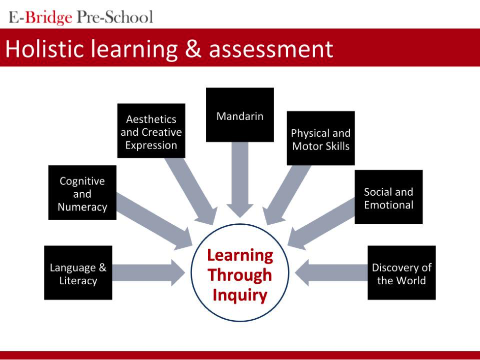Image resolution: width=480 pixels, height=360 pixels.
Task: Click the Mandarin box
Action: pos(240,115)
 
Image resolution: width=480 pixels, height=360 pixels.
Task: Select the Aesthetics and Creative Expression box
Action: pos(151,131)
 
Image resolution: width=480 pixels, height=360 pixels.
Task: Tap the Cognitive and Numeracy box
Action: pos(82,192)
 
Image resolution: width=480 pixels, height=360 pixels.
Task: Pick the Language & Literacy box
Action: pos(78,272)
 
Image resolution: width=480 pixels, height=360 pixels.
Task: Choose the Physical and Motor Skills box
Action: pos(321,138)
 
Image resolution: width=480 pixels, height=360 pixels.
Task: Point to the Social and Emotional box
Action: pos(389,197)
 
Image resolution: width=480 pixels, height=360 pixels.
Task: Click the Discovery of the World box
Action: pos(402,272)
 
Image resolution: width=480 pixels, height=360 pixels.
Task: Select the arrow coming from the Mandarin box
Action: pos(240,180)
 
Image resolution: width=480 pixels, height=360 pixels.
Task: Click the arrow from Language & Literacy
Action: pos(149,272)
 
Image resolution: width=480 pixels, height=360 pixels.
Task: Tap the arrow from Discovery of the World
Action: pos(331,272)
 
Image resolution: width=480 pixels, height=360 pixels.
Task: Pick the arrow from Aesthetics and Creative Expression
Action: pos(191,192)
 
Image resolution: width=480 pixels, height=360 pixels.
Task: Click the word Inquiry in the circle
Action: pos(240,296)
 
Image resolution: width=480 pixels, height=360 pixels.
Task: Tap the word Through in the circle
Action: pos(240,275)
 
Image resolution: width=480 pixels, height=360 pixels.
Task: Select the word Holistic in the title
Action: pos(45,49)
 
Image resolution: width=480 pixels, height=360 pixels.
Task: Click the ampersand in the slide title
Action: pos(193,49)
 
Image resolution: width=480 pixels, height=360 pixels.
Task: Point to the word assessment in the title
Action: pos(271,50)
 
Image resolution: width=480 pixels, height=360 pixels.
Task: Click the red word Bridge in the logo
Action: pos(48,17)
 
